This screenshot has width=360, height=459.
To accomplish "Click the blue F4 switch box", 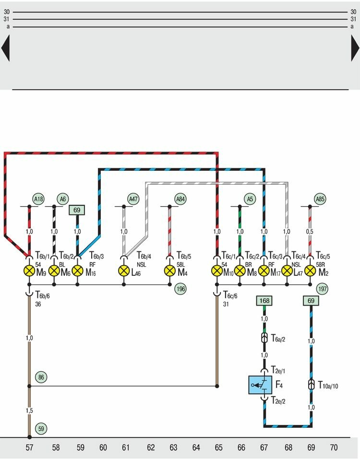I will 260,385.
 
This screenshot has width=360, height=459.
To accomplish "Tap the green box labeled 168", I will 264,301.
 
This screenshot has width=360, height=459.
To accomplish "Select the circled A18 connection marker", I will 38,199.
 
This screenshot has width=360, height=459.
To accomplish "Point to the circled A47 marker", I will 133,199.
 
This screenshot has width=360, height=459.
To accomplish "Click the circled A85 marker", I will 320,199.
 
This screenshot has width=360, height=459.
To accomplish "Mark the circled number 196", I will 180,289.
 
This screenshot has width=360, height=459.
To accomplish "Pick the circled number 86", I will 41,377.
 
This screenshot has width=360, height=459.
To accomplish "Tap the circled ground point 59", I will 41,429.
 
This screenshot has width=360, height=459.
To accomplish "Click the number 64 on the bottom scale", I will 196,448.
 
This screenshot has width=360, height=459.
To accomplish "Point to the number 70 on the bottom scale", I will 334,448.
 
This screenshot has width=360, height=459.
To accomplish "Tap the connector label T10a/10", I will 328,385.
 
